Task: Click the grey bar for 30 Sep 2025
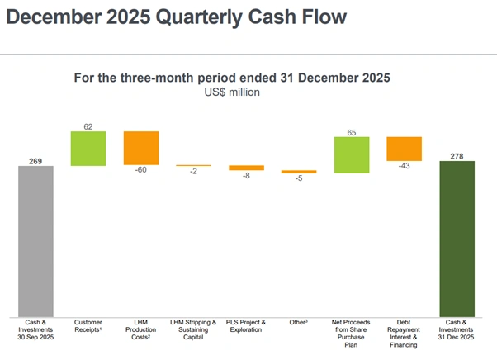35,240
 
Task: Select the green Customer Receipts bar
88,149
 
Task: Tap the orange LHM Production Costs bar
141,148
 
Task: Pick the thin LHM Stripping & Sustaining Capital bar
193,166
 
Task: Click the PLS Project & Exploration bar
246,168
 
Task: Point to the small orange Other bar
299,172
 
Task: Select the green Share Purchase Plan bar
351,154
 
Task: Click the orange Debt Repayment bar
404,148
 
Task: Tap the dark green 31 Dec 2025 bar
457,238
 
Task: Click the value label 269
35,160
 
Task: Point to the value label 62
88,126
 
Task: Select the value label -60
140,170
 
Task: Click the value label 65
351,131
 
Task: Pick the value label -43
404,165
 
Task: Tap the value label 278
457,155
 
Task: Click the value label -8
246,176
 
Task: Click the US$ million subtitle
232,92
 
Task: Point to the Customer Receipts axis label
88,325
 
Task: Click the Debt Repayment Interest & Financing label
404,333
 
